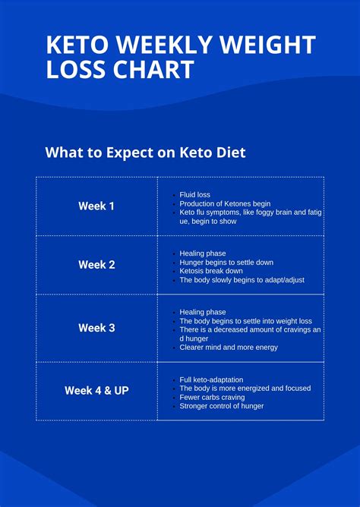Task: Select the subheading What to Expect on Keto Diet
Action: [145, 153]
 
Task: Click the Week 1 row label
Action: [96, 206]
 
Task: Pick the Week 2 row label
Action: [96, 265]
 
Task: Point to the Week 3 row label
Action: [96, 328]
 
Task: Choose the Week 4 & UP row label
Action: [96, 391]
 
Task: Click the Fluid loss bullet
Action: [194, 195]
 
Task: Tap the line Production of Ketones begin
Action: [225, 204]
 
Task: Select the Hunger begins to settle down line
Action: [226, 263]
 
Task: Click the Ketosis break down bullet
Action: [211, 271]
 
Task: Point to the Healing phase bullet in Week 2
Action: [202, 253]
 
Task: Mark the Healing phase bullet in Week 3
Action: [202, 312]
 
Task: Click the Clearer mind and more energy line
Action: [229, 348]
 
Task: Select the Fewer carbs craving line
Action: [212, 397]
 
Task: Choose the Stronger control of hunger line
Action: [222, 406]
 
